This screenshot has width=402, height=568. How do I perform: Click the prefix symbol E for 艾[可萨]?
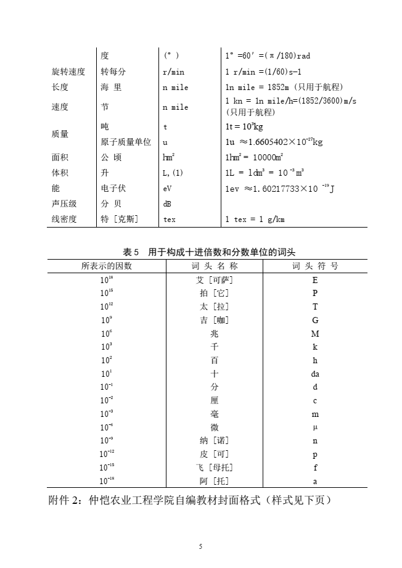pos(315,280)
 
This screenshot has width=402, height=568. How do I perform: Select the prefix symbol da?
pos(315,374)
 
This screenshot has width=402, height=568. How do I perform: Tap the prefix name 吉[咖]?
pos(215,320)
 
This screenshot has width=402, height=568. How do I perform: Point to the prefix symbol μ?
pos(315,427)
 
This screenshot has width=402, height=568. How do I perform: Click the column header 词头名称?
pos(215,266)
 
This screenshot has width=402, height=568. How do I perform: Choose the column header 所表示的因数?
pos(107,266)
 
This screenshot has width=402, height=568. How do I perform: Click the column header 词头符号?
pos(315,266)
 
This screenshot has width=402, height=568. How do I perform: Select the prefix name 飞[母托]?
pos(215,467)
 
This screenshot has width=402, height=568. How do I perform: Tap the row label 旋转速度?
pos(68,72)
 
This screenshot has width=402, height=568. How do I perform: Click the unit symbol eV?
pos(168,189)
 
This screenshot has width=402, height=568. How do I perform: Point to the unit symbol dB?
pos(168,204)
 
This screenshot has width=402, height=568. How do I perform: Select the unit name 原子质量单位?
pos(126,142)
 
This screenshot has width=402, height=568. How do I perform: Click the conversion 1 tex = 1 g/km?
pos(255,219)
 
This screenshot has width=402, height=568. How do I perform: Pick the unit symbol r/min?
pos(173,72)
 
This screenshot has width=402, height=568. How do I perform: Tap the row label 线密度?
pos(64,219)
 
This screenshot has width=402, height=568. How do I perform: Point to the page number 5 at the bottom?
pos(201,546)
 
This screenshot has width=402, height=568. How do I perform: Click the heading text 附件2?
pos(68,500)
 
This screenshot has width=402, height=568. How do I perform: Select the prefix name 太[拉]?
pos(215,307)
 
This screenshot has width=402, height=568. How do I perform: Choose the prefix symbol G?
pos(315,320)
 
